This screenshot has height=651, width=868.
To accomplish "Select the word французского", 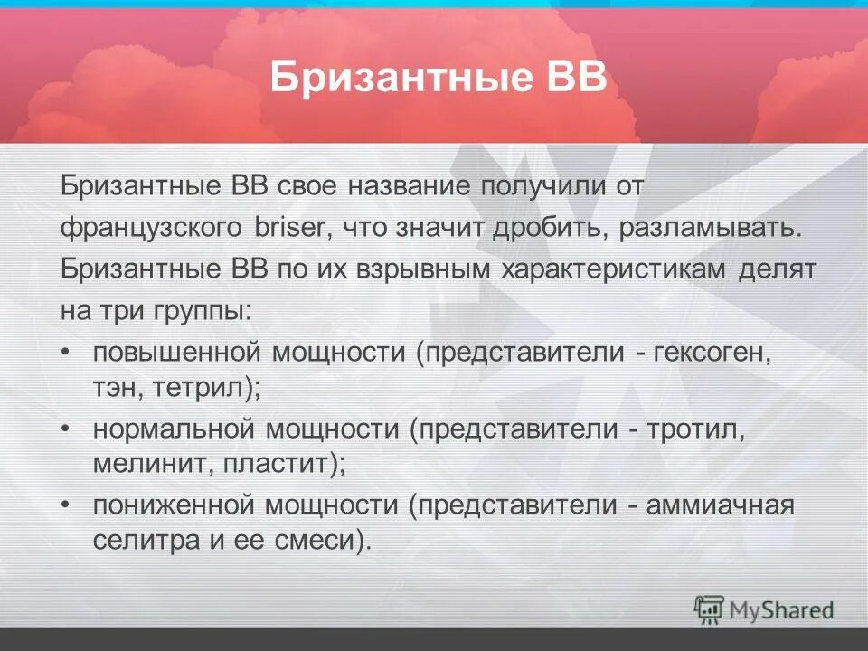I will [x=151, y=228].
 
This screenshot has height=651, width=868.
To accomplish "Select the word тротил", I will [x=695, y=430].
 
